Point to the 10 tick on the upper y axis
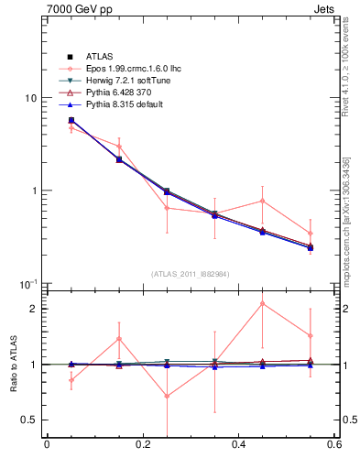point(30,98)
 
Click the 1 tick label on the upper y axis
point(33,191)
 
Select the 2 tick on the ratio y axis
point(33,309)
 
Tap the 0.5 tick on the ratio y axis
point(29,420)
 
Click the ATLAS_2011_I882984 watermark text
point(190,274)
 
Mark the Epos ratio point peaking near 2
point(262,303)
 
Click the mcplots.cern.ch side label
point(352,234)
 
